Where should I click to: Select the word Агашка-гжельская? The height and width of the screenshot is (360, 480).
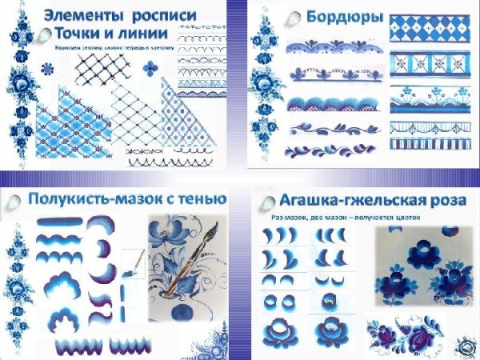(x=345, y=200)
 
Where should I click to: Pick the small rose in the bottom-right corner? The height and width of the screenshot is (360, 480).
(x=464, y=346)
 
